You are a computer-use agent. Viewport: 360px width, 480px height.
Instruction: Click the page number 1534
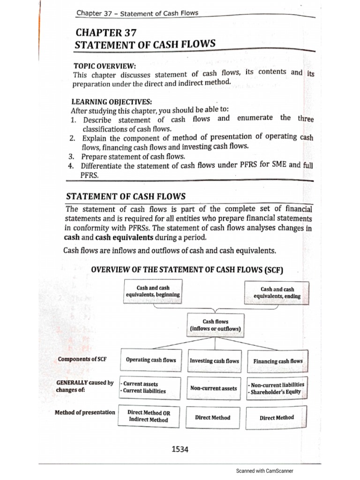tap(180, 450)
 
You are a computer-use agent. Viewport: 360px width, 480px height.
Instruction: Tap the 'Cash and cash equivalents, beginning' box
tap(153, 292)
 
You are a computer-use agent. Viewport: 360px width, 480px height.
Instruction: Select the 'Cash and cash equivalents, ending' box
tap(277, 293)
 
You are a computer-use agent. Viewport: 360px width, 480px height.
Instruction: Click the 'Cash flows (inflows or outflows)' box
tap(215, 325)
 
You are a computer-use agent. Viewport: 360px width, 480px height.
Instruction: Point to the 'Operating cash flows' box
tap(151, 360)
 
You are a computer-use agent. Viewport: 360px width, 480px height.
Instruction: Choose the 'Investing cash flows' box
tap(214, 361)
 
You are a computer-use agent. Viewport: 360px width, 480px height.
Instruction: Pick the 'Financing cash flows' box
tap(277, 361)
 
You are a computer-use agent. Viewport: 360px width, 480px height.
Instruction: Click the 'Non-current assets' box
tap(214, 388)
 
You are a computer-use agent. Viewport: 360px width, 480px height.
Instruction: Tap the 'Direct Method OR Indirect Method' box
tap(149, 416)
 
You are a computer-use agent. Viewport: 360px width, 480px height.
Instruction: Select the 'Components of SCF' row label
tap(77, 359)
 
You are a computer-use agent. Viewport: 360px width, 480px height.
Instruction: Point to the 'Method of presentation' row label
tap(84, 412)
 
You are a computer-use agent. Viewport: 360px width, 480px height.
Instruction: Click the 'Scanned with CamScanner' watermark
tap(265, 471)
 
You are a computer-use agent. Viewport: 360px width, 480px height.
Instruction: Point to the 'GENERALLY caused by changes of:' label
tap(84, 386)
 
